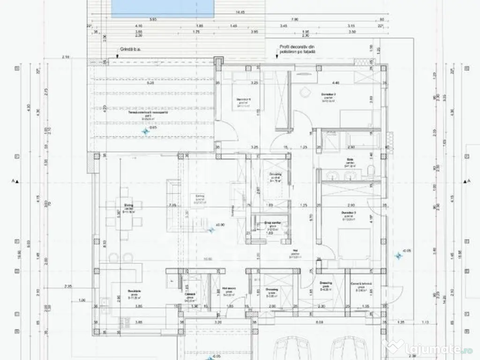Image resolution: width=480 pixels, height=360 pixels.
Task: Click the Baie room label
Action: click(x=349, y=161)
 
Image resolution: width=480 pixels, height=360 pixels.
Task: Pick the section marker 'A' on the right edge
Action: click(x=465, y=181)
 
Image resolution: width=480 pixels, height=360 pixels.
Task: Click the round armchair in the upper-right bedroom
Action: click(x=305, y=91)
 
